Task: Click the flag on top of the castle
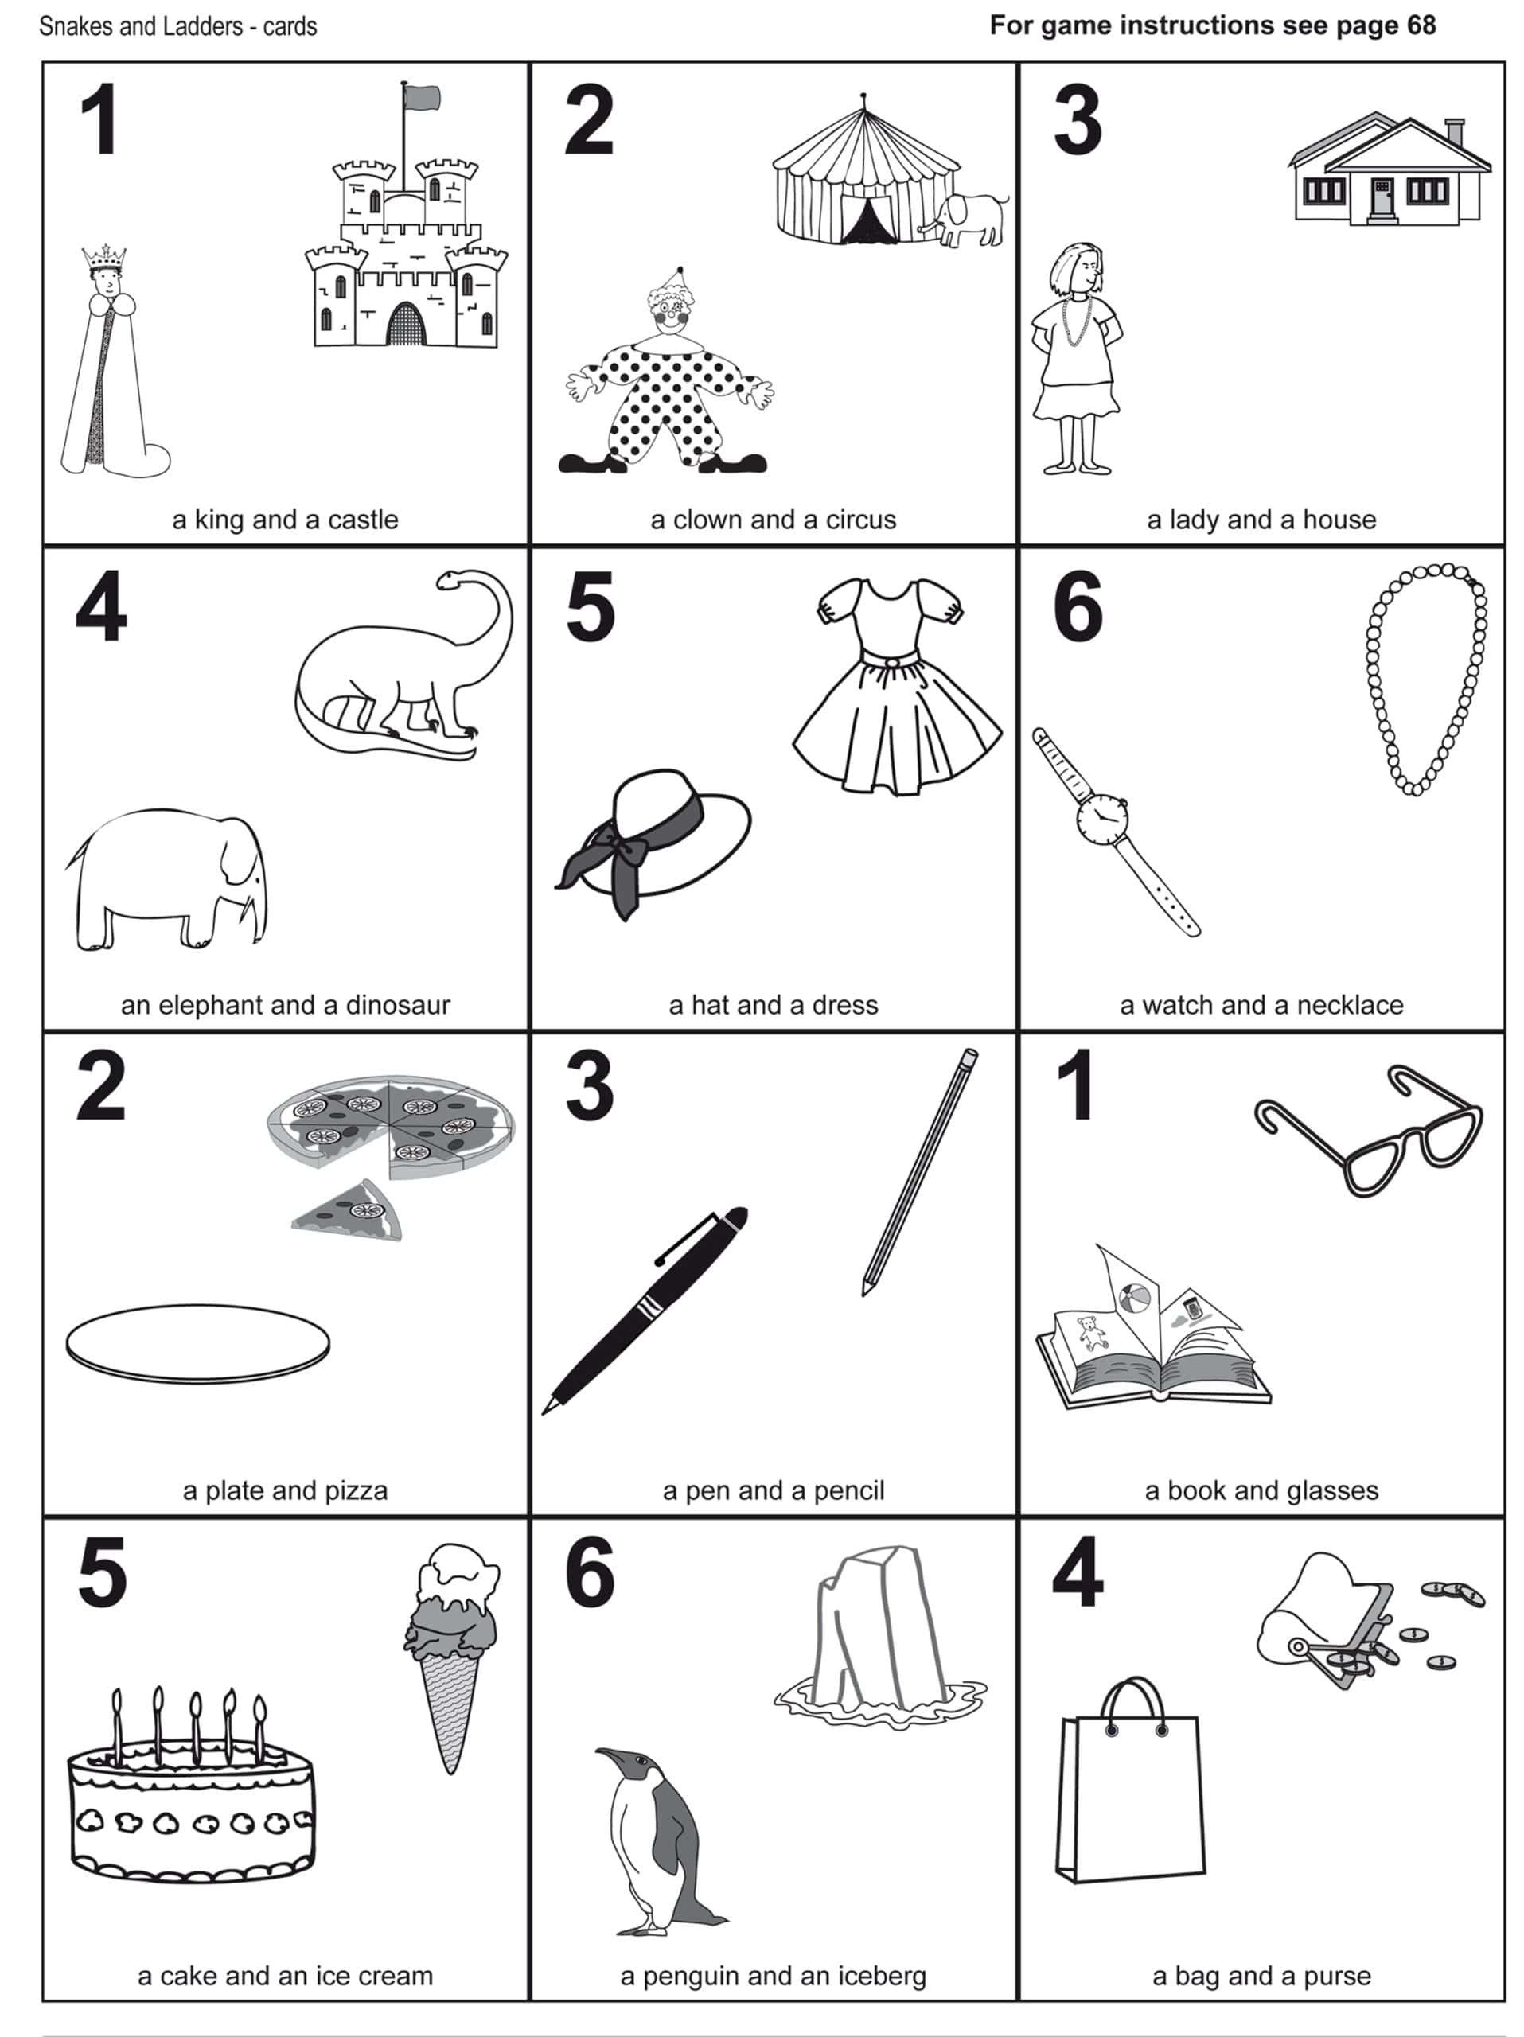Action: tap(422, 97)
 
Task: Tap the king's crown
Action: tap(104, 257)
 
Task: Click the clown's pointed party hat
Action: tap(678, 279)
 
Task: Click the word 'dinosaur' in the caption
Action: tap(398, 1005)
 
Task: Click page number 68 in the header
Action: tap(1420, 25)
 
